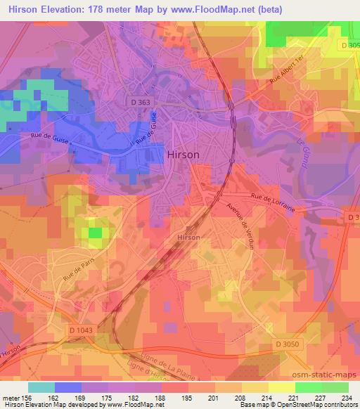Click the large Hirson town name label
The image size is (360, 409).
tap(183, 155)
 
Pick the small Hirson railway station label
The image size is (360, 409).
tap(188, 238)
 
